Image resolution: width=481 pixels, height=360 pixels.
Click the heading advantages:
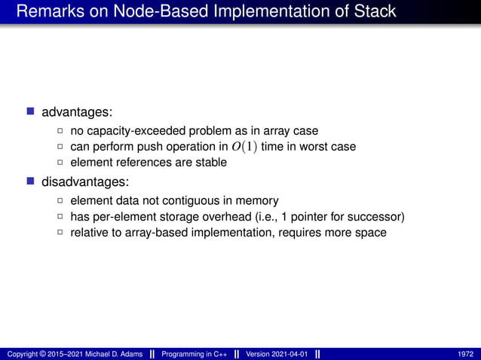tap(77, 112)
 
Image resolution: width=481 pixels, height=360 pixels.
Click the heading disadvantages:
tap(85, 182)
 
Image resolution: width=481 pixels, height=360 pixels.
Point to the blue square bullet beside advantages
tap(31, 112)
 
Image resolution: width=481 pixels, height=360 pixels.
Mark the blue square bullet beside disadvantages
tap(31, 182)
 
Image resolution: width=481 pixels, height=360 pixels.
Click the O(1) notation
tap(244, 146)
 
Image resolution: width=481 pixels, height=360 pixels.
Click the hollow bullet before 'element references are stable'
tap(60, 163)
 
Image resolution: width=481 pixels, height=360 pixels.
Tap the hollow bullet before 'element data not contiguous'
tap(60, 201)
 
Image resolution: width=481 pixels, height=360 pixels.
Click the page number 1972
tap(466, 354)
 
